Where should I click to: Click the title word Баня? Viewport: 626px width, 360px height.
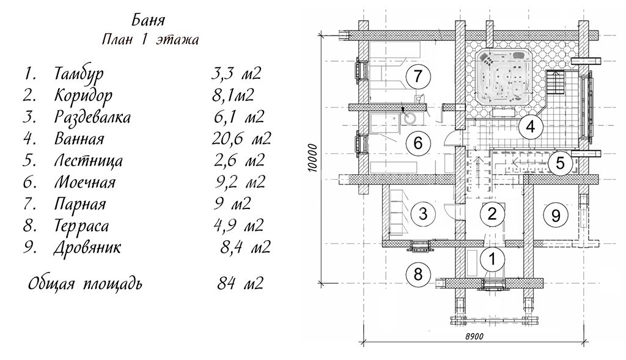[147, 20]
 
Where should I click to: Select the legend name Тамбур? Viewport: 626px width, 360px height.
[79, 74]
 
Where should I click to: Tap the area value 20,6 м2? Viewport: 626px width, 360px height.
[241, 139]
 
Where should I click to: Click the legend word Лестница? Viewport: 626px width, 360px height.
[88, 161]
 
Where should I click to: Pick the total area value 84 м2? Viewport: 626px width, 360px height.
[240, 284]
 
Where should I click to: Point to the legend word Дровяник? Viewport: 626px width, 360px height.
[87, 248]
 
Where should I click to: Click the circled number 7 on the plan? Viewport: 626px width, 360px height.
[417, 76]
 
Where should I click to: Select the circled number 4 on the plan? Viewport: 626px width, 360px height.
[530, 127]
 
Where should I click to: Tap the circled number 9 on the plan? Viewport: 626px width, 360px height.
[555, 216]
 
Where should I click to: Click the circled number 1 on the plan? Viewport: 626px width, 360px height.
[492, 259]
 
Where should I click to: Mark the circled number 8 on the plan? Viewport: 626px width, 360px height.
[418, 274]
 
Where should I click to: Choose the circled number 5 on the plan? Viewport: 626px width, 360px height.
[560, 163]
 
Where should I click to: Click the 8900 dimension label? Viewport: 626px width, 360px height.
[474, 336]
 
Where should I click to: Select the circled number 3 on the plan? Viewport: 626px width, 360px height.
[423, 213]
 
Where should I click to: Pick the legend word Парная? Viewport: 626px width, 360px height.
[80, 204]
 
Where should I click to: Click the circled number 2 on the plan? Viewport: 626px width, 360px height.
[492, 213]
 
